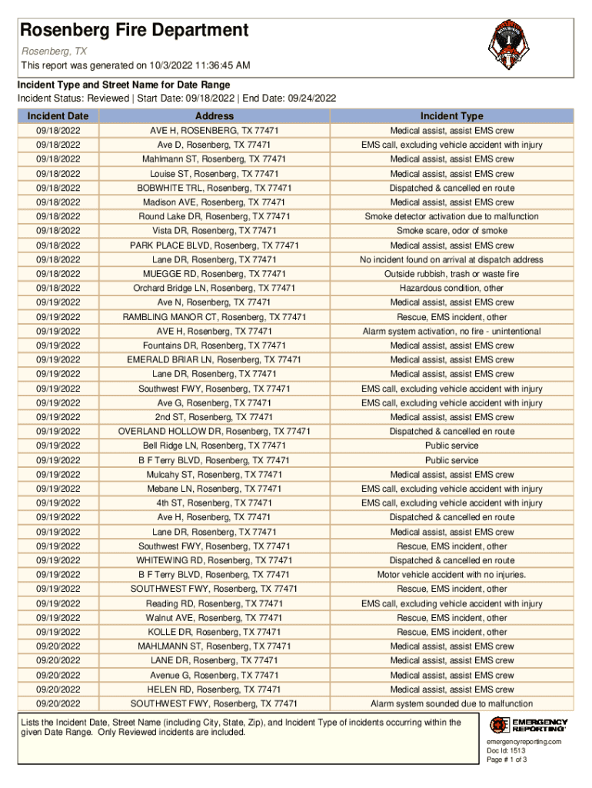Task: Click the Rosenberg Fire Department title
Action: tap(134, 31)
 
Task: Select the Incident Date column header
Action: tap(58, 116)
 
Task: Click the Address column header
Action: tap(215, 116)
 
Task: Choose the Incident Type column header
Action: tap(451, 116)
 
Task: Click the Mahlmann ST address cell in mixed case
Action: tap(215, 159)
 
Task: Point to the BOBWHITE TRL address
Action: tap(215, 188)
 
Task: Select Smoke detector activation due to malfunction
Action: tap(451, 217)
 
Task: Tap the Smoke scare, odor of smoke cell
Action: tap(451, 231)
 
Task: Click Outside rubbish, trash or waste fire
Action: tap(451, 274)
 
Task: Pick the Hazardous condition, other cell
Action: tap(451, 289)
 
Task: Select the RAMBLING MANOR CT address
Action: tap(215, 317)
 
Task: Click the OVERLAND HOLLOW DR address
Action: tap(215, 432)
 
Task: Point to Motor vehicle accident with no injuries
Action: tap(451, 575)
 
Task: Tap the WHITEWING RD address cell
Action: tap(215, 560)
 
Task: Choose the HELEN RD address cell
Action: tap(215, 689)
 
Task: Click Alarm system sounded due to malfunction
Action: tap(451, 704)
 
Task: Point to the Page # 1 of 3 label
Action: tap(507, 760)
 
